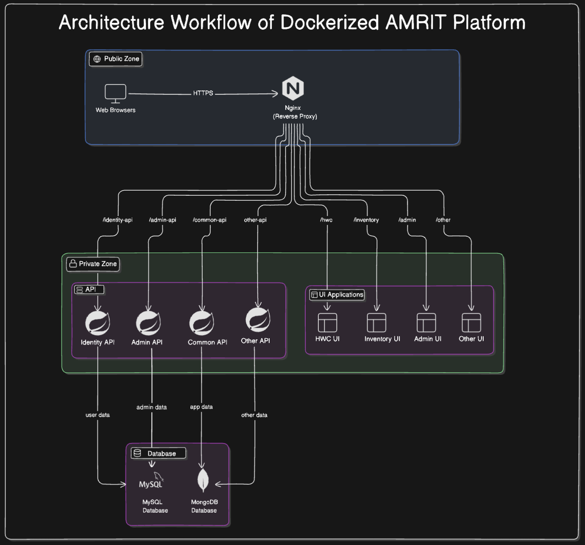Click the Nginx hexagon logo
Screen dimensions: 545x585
(x=293, y=88)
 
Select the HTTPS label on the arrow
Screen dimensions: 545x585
(x=203, y=93)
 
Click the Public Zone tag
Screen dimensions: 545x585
(x=116, y=59)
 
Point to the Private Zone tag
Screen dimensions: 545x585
(x=93, y=264)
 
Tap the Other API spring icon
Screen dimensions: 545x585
(x=258, y=320)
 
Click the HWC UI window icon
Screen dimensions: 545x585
(x=327, y=323)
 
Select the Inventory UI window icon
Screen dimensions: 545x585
(x=376, y=323)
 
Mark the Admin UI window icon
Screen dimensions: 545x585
(x=426, y=323)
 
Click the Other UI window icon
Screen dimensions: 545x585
(x=471, y=323)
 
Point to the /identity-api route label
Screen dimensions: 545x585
(x=117, y=220)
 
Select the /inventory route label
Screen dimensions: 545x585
(x=366, y=220)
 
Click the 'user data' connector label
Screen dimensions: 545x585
(x=97, y=415)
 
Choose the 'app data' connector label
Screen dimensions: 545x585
(x=201, y=407)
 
